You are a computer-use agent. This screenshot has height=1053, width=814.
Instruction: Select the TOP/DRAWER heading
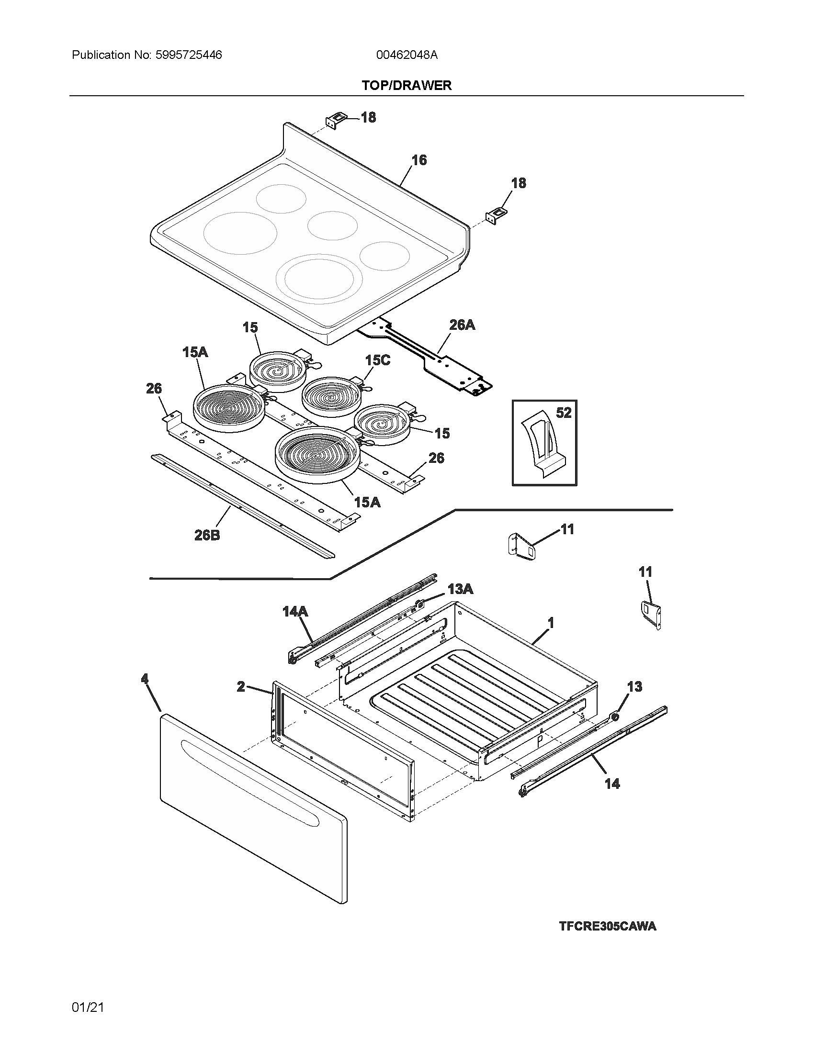tap(407, 85)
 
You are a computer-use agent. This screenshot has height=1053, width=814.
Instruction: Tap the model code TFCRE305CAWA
tap(607, 926)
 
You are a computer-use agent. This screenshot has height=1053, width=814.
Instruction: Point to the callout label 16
tap(418, 160)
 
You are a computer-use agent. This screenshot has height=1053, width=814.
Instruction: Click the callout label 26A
tap(462, 325)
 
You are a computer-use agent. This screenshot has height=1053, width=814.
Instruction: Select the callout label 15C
tap(377, 360)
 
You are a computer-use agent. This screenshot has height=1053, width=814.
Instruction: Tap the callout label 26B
tap(207, 535)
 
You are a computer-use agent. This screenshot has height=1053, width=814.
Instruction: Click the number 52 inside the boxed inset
tap(563, 413)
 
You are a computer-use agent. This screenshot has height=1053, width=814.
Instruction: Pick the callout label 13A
tap(460, 589)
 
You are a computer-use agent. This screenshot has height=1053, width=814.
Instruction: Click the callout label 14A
tap(295, 612)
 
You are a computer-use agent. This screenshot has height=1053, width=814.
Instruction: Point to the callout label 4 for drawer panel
tap(145, 679)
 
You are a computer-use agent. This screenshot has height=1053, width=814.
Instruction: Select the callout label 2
tap(241, 686)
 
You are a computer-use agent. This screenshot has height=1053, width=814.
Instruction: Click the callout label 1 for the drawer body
tap(551, 623)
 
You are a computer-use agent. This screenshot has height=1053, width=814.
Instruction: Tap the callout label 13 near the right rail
tap(634, 686)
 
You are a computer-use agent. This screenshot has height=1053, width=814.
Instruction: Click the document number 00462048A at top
tap(407, 55)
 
